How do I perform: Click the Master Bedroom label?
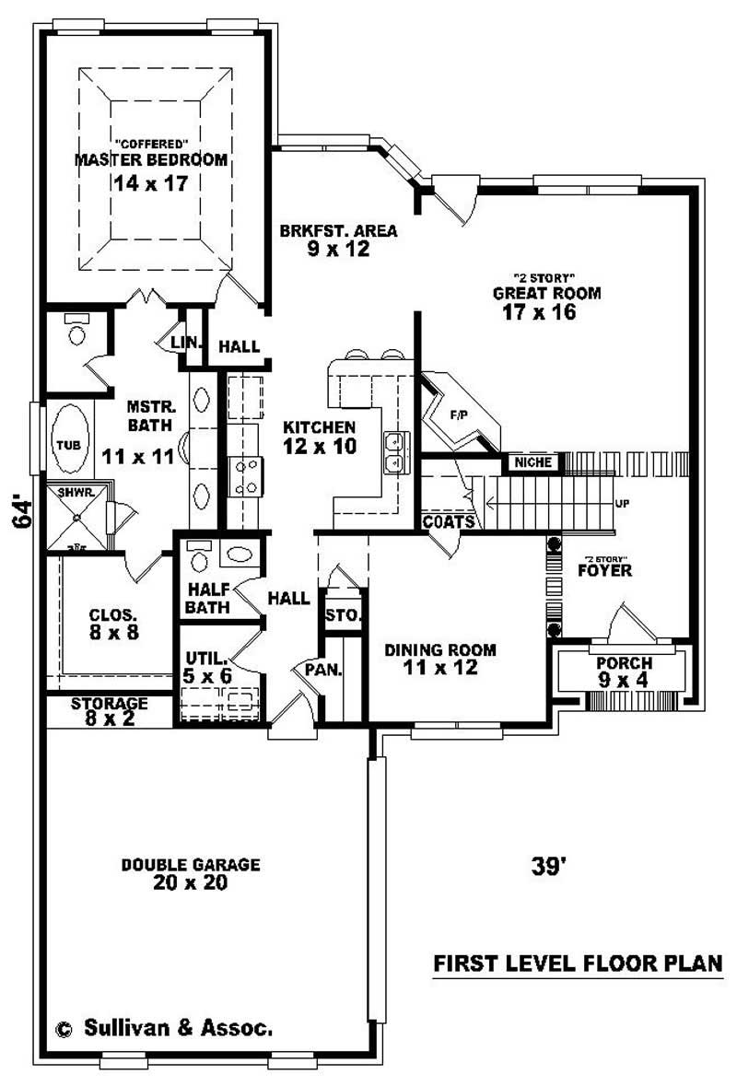pyautogui.click(x=150, y=159)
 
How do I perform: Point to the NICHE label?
pyautogui.click(x=532, y=461)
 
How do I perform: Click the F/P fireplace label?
pyautogui.click(x=458, y=415)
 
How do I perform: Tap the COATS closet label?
pyautogui.click(x=449, y=522)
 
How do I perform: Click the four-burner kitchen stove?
pyautogui.click(x=246, y=477)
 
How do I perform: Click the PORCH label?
pyautogui.click(x=624, y=663)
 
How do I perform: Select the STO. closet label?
pyautogui.click(x=343, y=615)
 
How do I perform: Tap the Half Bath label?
pyautogui.click(x=207, y=598)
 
